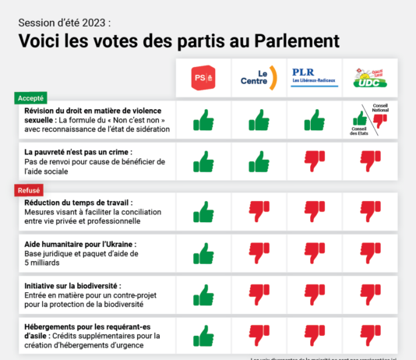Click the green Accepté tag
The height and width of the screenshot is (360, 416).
coord(30,98)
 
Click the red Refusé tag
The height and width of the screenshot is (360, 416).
coord(29,189)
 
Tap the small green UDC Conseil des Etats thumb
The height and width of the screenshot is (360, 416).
coord(361,118)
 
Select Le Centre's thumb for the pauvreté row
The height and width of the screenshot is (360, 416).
coord(258,161)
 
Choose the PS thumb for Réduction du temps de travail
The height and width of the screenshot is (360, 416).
coord(203,210)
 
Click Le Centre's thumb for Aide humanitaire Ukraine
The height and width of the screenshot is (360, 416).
coord(258,253)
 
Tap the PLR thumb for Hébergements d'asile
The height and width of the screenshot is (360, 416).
coord(314,337)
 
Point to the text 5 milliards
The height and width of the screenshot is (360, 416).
coord(48,263)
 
